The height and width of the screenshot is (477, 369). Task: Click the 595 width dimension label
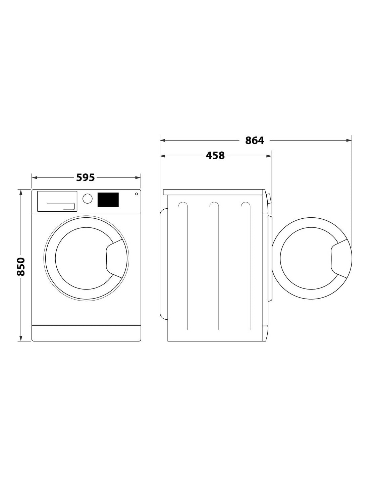point(86,177)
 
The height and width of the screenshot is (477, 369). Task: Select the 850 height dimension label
point(21,266)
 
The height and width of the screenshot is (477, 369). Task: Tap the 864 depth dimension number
point(254,141)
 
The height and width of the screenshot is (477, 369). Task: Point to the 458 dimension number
point(215,156)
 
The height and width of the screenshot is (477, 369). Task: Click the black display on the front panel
point(108,200)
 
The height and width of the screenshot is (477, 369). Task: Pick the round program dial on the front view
point(87,199)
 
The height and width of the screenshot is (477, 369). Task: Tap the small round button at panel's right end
point(136,194)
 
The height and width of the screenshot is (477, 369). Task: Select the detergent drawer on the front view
point(57,201)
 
